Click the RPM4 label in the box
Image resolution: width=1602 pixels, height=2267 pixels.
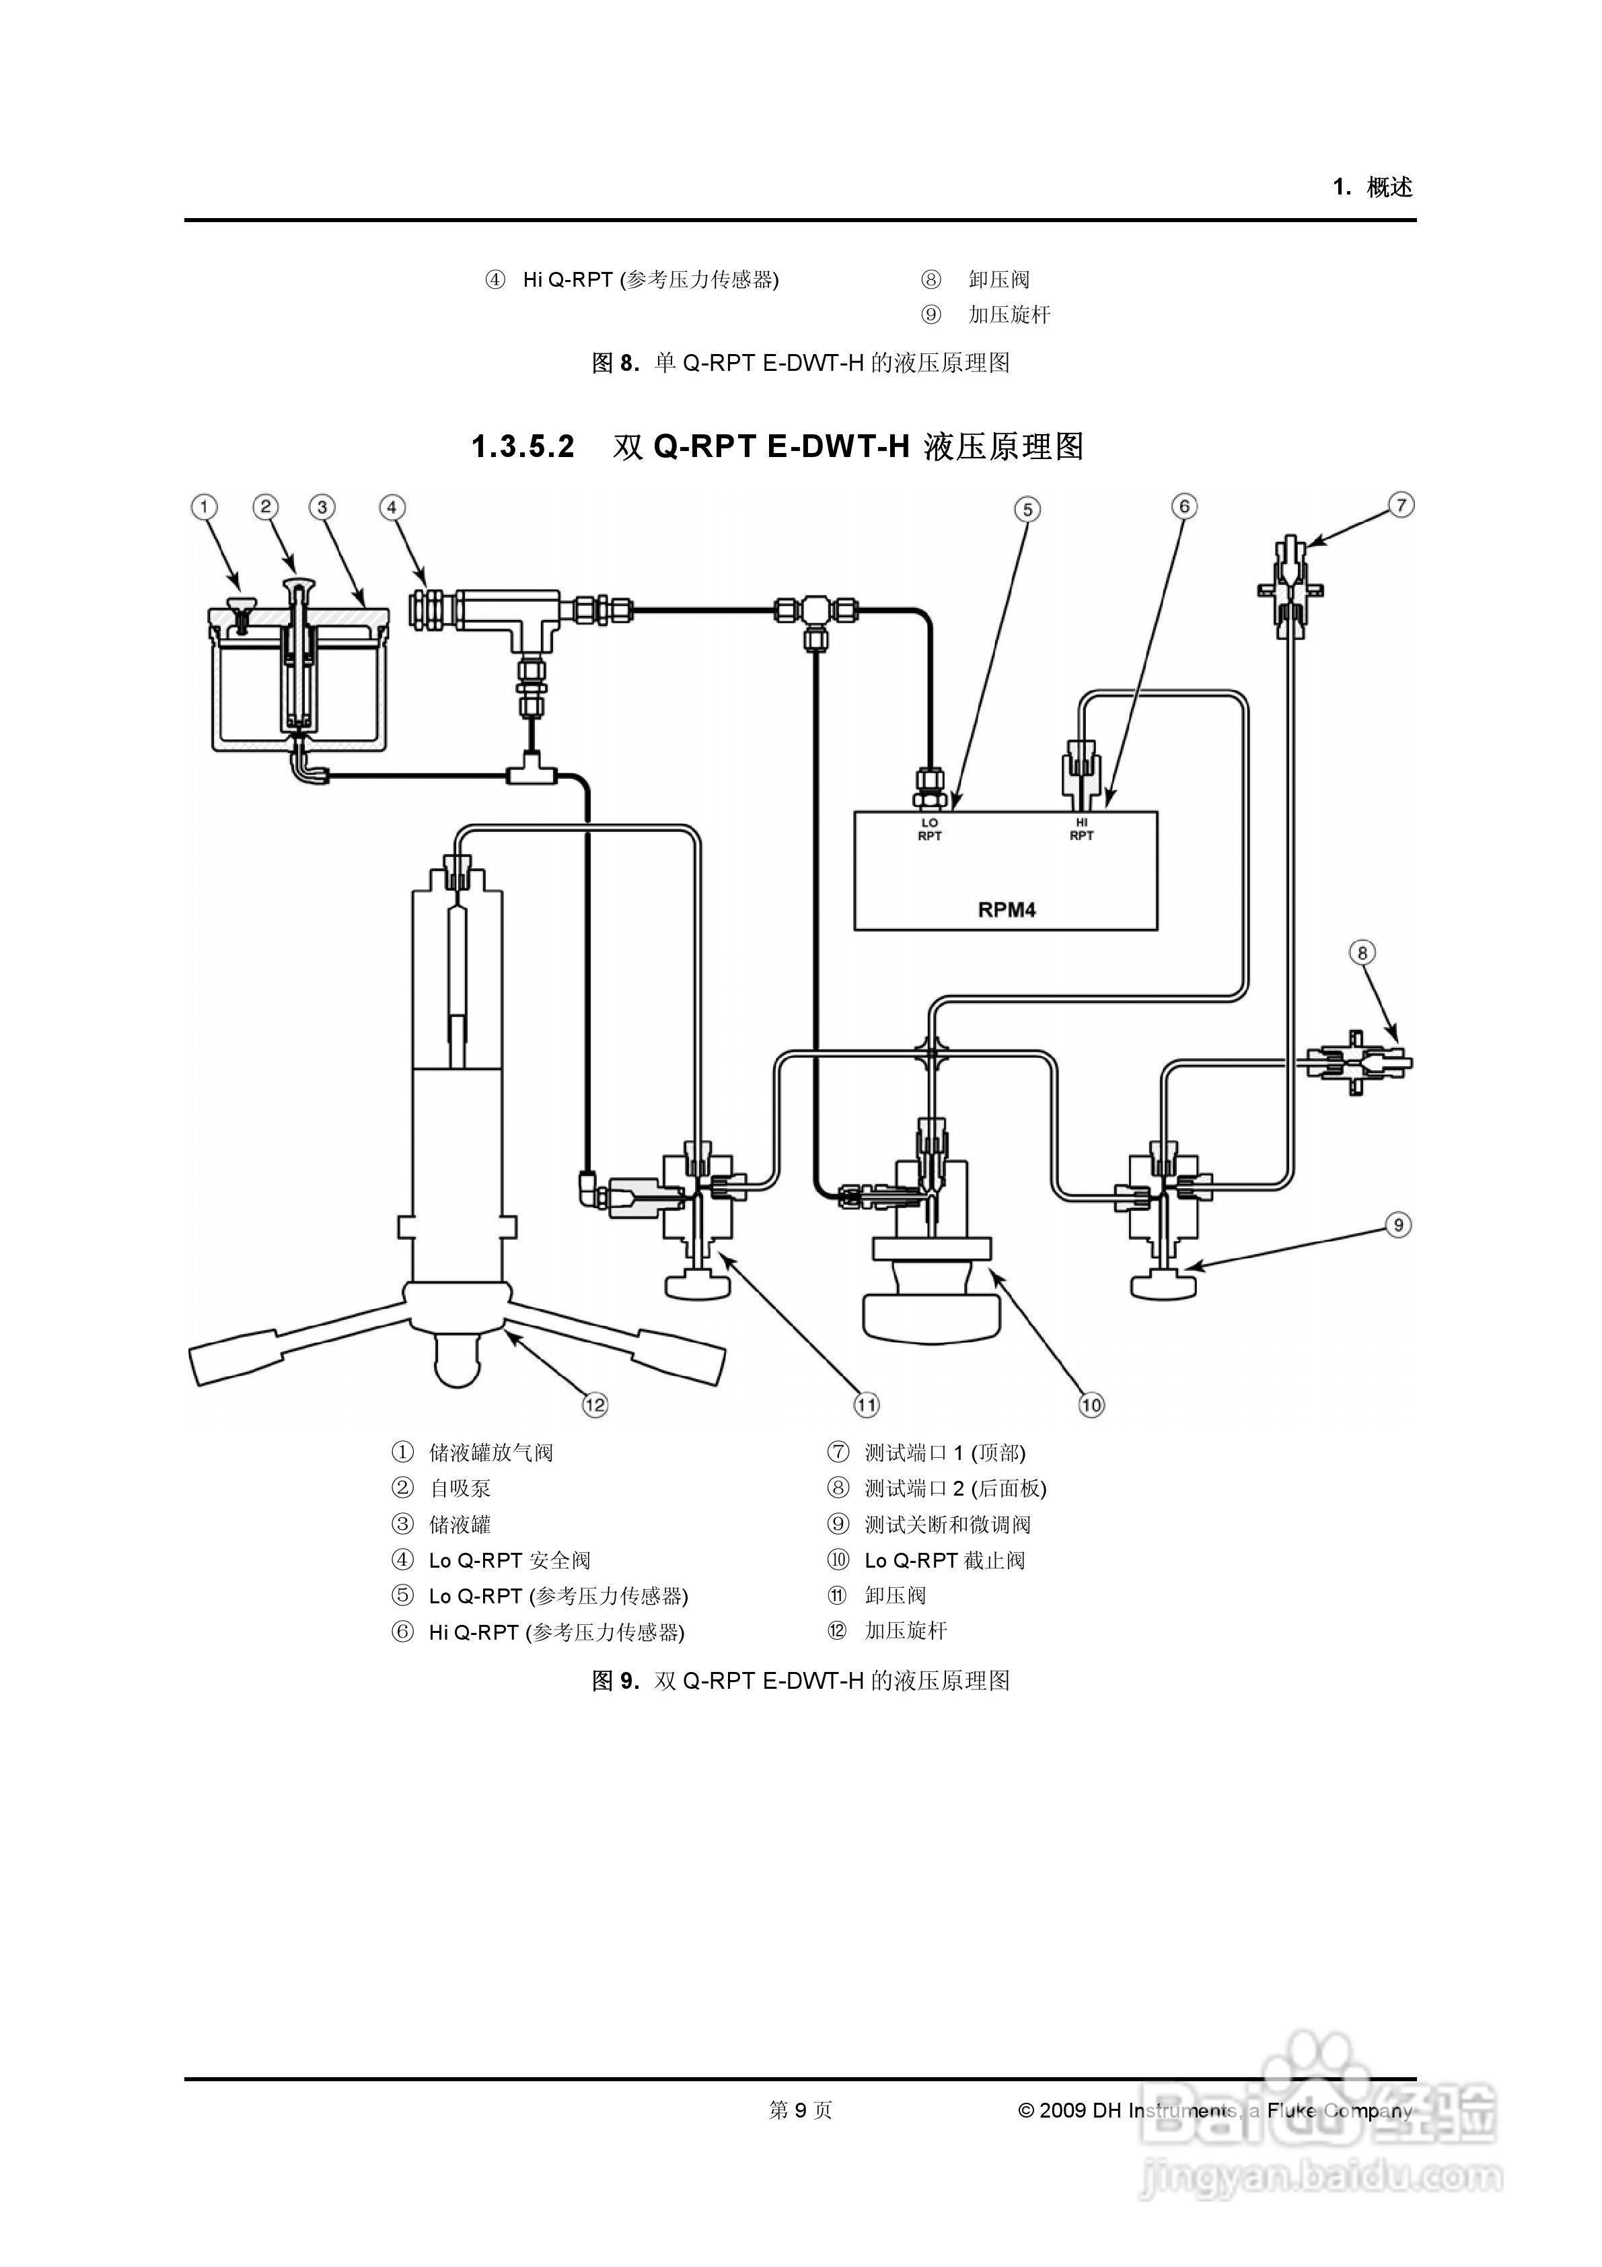1006,909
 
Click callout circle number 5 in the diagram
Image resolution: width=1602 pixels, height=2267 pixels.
1027,510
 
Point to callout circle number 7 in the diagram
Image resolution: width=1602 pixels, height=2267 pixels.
1401,505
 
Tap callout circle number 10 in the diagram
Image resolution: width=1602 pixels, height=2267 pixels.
1091,1404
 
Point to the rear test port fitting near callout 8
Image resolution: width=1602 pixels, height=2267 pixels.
1357,1063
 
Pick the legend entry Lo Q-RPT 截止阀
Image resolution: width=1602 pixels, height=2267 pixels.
945,1561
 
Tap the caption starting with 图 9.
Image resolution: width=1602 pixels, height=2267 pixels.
801,1681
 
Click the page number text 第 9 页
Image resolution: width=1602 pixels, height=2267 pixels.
801,2110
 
